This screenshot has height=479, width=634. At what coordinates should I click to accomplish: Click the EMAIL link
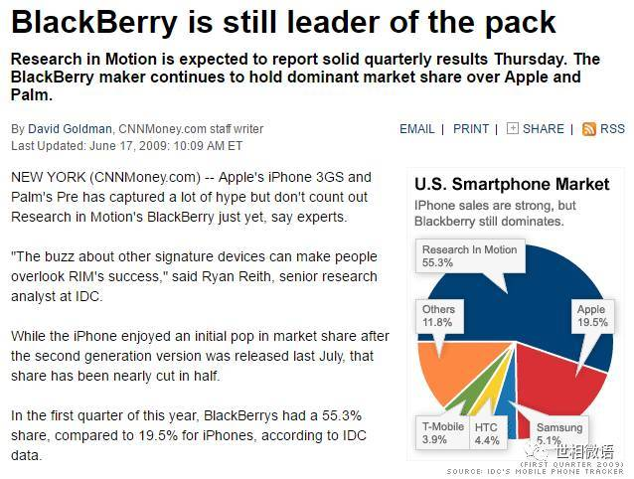coord(416,129)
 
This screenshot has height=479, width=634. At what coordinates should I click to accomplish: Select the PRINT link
coord(471,129)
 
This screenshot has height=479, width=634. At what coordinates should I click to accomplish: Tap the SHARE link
coord(543,129)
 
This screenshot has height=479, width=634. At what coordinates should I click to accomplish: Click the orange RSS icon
coord(589,129)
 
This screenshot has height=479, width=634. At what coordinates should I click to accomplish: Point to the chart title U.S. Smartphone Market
coord(511,184)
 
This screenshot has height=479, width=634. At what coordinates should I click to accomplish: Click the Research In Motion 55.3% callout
coord(469,256)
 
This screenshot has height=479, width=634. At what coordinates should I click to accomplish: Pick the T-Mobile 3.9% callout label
coord(441,433)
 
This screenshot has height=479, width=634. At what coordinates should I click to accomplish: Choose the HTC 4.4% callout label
coord(486,433)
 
